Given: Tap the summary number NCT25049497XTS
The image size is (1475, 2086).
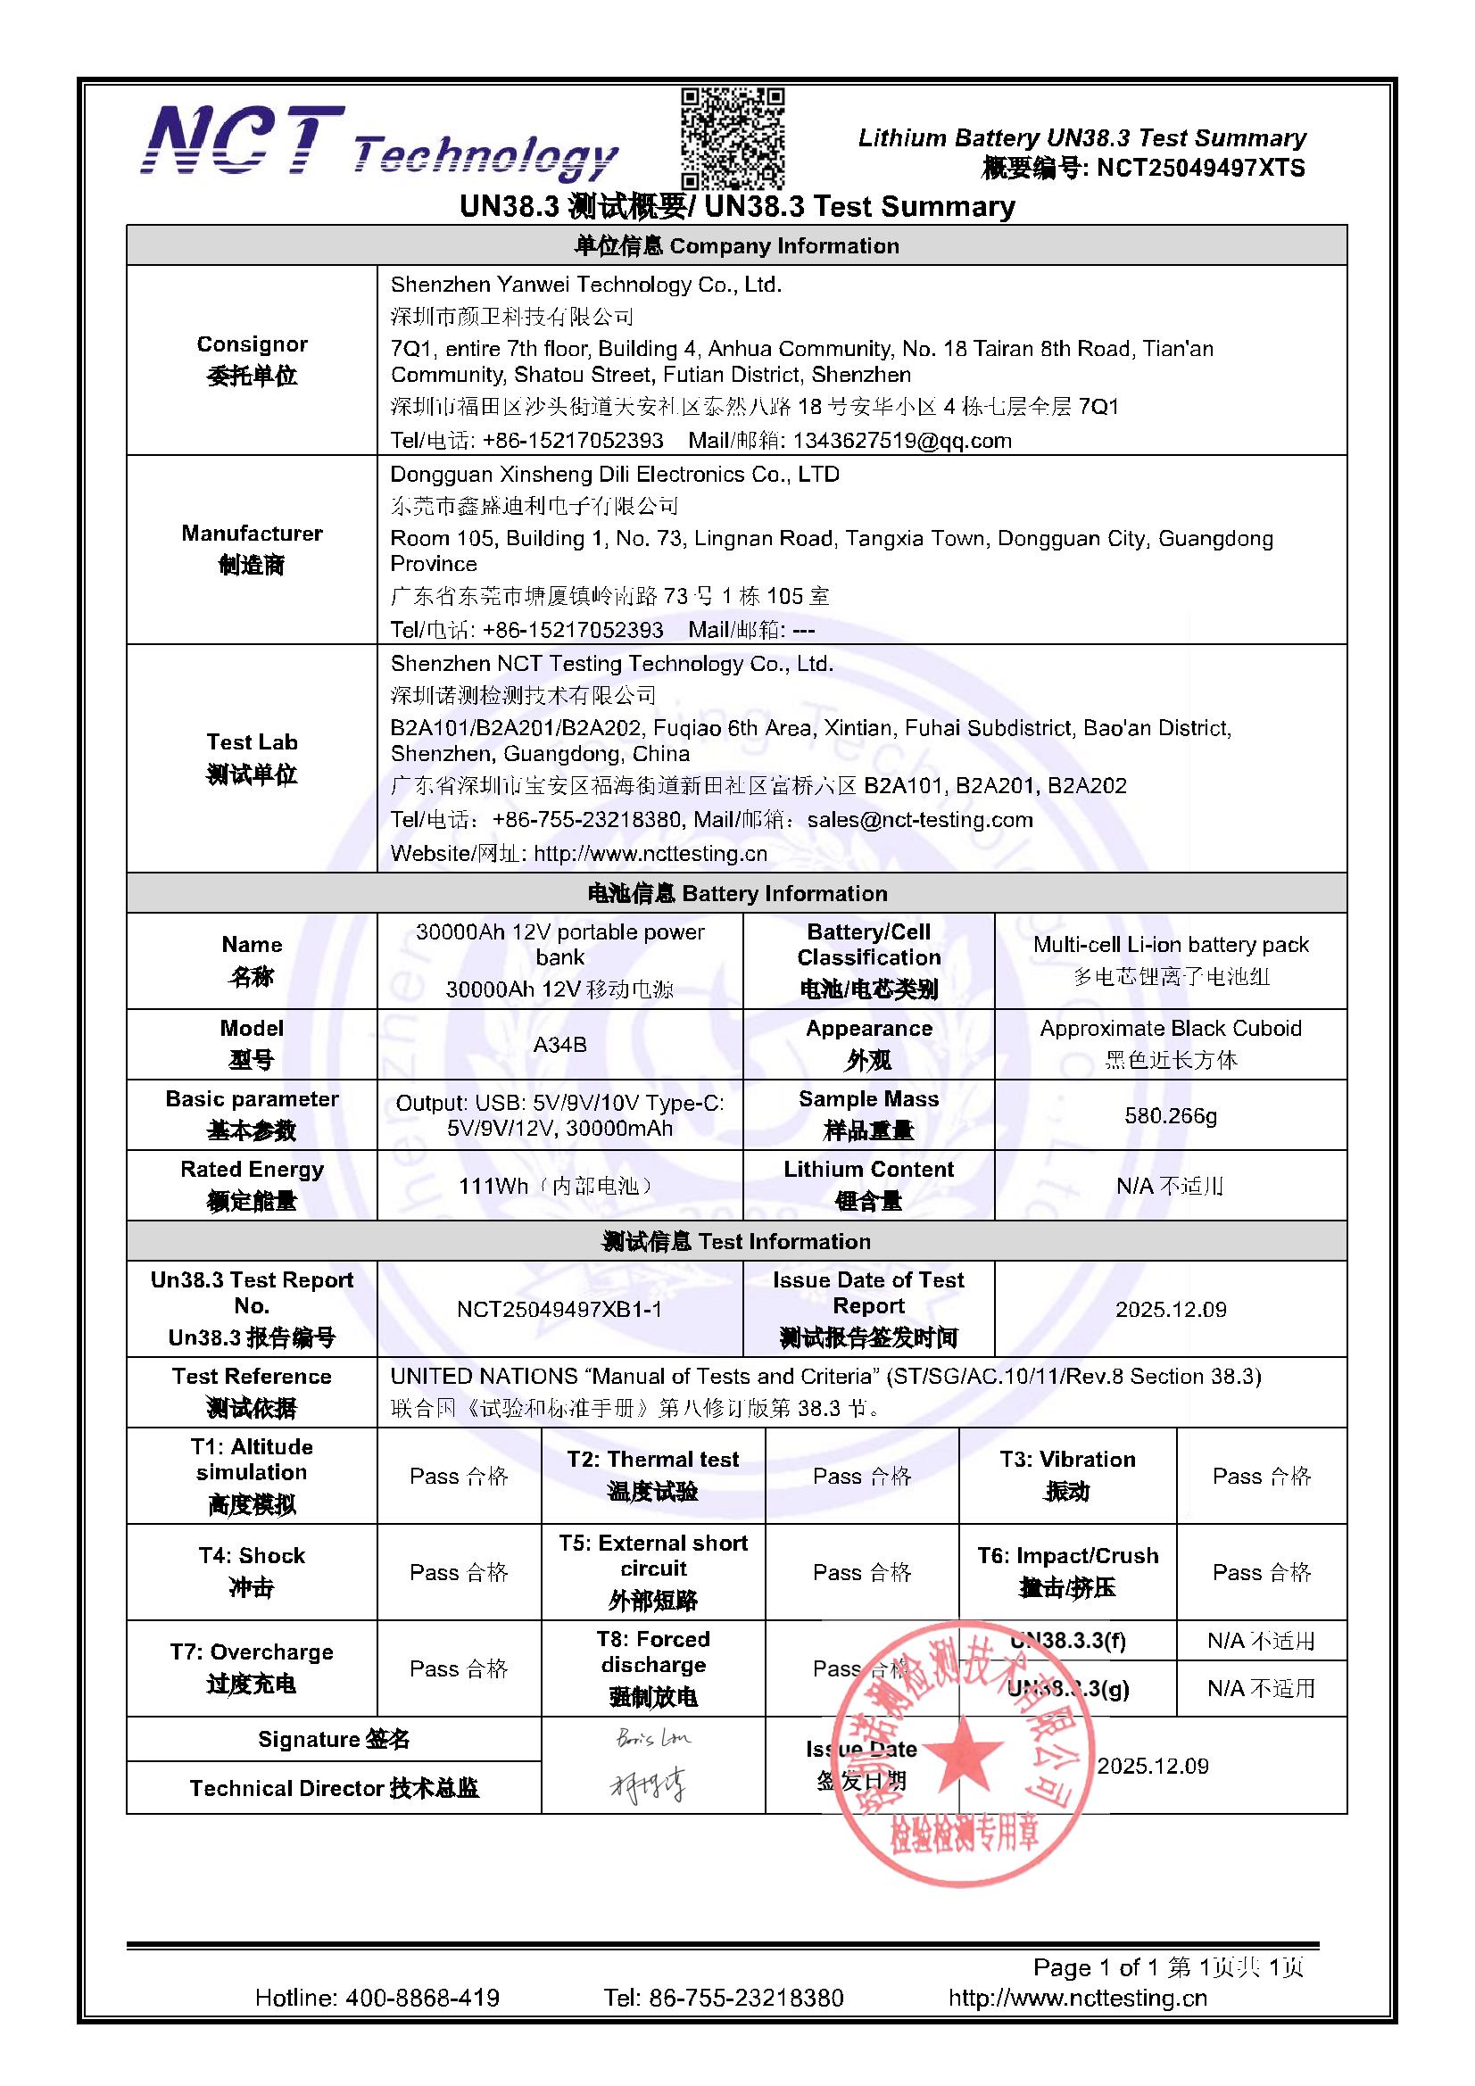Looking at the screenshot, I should (1200, 168).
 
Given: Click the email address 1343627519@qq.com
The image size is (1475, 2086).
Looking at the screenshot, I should (901, 441).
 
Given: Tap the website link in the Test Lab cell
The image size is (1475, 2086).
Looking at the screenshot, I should (650, 853).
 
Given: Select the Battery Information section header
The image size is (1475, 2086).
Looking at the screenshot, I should (736, 893).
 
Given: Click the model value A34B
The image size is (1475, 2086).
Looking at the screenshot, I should (559, 1044).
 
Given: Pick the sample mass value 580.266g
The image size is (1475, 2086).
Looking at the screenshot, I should (1170, 1114).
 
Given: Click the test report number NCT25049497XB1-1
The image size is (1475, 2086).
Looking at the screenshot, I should (559, 1309).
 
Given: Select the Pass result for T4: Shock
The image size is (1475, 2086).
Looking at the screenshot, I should (458, 1572).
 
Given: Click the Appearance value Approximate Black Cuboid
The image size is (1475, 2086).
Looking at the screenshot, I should (1170, 1029).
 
